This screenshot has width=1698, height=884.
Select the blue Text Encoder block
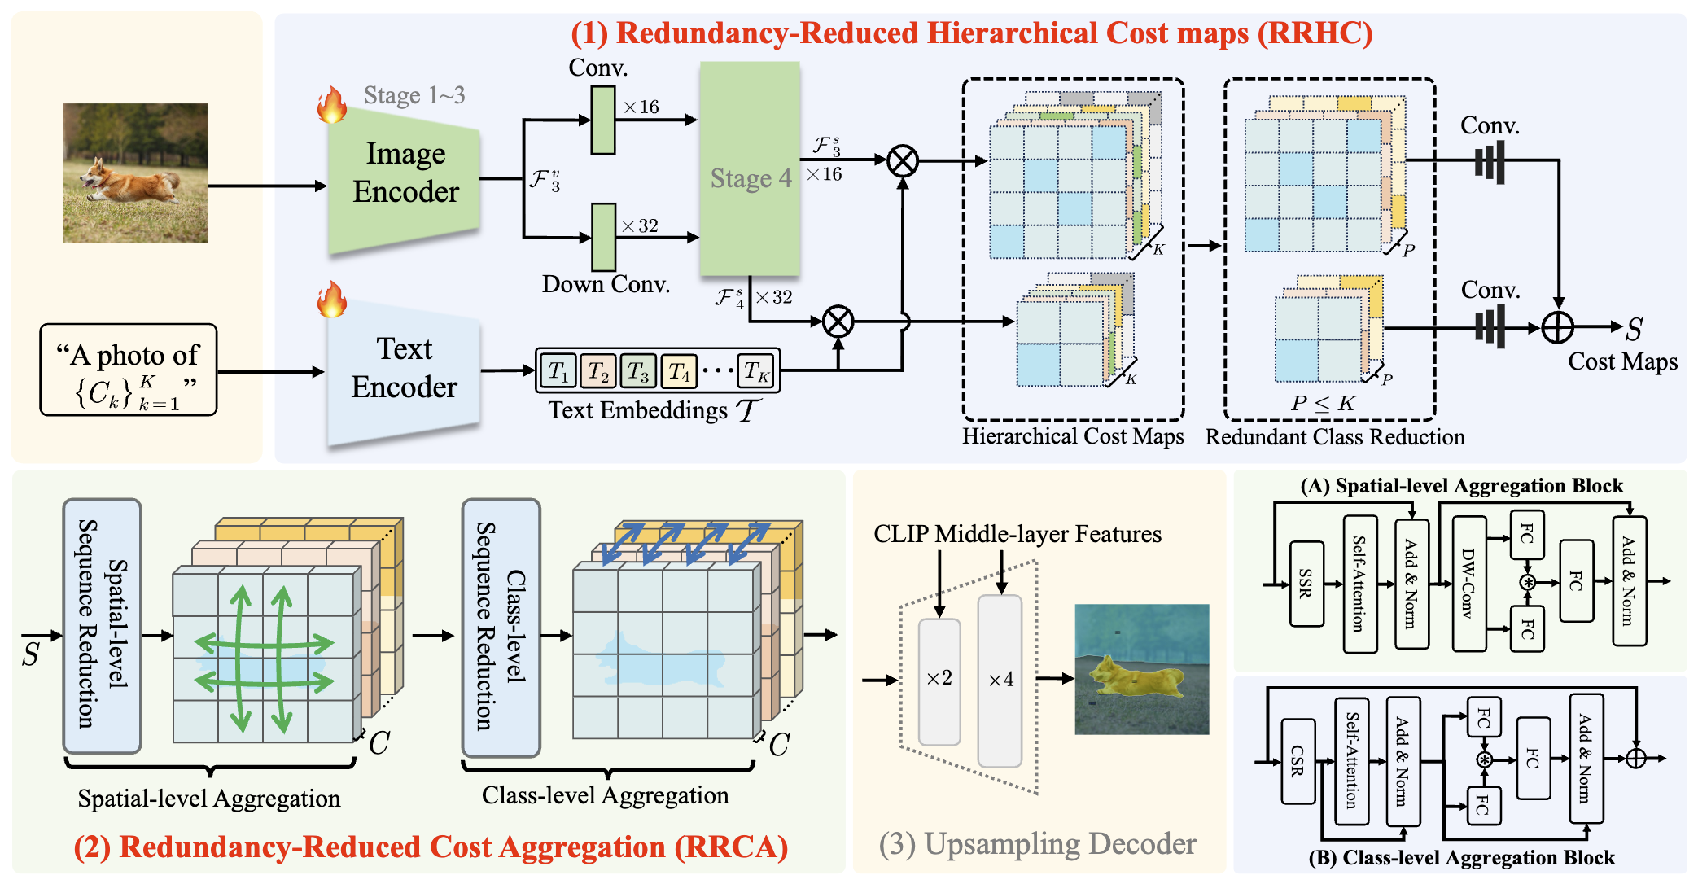[x=404, y=370]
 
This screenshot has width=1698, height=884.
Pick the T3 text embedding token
[x=638, y=371]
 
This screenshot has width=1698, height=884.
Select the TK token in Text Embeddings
[x=756, y=371]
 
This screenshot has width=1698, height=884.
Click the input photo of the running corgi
[x=135, y=173]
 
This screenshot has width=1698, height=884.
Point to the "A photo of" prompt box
[x=129, y=370]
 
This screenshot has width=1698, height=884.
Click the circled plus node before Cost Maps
[x=1557, y=328]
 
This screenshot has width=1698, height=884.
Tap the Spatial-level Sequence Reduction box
[x=102, y=625]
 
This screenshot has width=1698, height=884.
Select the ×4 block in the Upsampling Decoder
[x=1000, y=681]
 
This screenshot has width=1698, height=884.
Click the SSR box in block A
[x=1306, y=584]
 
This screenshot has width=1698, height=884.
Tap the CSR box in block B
[x=1298, y=760]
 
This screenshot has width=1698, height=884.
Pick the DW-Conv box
[x=1468, y=584]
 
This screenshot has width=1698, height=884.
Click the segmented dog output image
[x=1141, y=669]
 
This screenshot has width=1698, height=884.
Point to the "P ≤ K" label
[x=1323, y=403]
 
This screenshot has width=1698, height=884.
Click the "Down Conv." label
[x=606, y=284]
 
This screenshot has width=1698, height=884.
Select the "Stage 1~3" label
[x=414, y=95]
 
